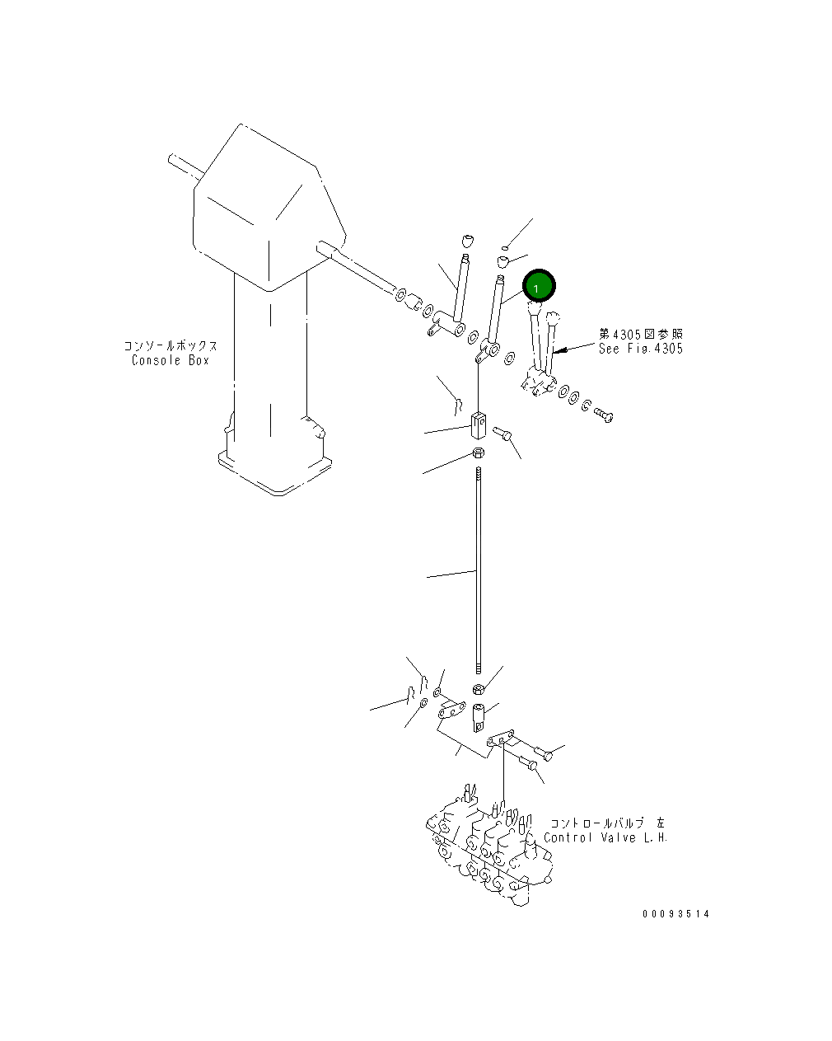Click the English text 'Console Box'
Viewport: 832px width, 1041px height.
click(x=171, y=361)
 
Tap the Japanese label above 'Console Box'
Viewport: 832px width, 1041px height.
click(x=171, y=346)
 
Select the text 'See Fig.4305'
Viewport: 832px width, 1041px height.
click(x=641, y=349)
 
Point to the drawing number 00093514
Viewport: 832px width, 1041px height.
click(x=676, y=914)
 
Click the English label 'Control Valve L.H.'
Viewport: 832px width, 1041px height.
click(x=605, y=838)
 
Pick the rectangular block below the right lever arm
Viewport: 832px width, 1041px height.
click(x=479, y=425)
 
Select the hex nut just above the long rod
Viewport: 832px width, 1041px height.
click(x=479, y=453)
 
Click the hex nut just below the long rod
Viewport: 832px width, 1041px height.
click(x=478, y=689)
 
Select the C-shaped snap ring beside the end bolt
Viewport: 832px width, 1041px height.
click(x=585, y=405)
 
